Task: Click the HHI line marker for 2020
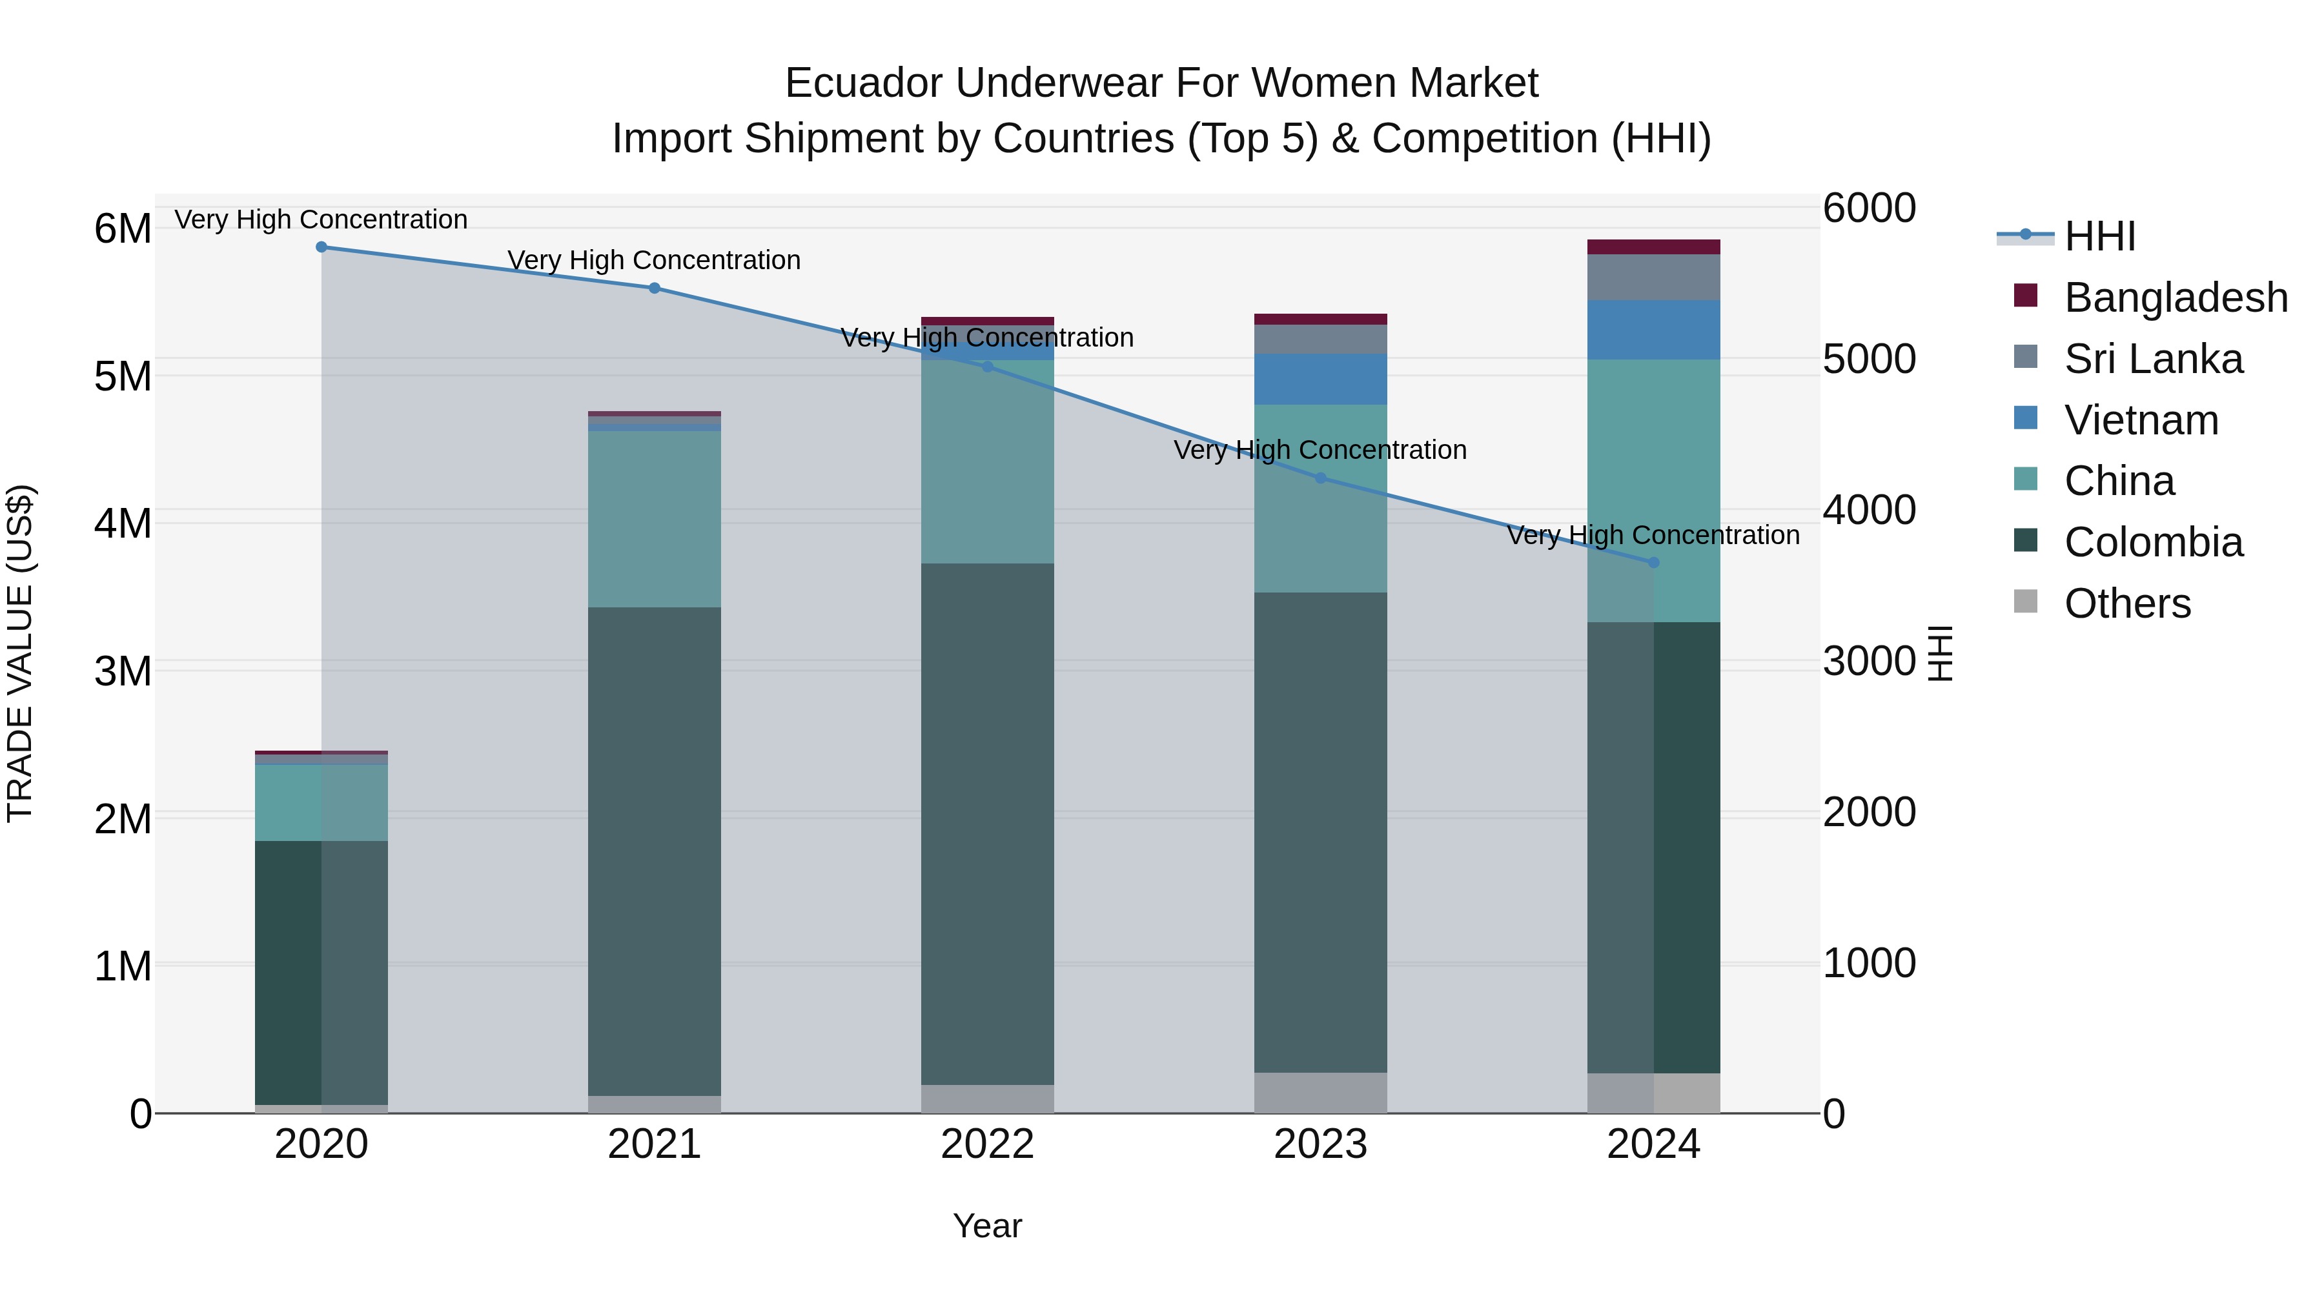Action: pyautogui.click(x=321, y=247)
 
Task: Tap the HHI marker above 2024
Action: pyautogui.click(x=1654, y=563)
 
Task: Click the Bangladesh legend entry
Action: pyautogui.click(x=2175, y=298)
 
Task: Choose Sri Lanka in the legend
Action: pyautogui.click(x=2152, y=359)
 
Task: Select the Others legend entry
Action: pyautogui.click(x=2126, y=603)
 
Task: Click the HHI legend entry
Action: pyautogui.click(x=2099, y=236)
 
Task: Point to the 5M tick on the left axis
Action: pyautogui.click(x=123, y=377)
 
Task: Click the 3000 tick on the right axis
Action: pyautogui.click(x=1868, y=661)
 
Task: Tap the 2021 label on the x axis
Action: pyautogui.click(x=654, y=1144)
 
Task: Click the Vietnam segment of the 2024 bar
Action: pyautogui.click(x=1654, y=330)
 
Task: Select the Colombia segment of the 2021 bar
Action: pyautogui.click(x=654, y=851)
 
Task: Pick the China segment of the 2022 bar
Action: pyautogui.click(x=987, y=462)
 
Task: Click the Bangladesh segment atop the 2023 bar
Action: pyautogui.click(x=1320, y=319)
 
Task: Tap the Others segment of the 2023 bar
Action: pyautogui.click(x=1320, y=1092)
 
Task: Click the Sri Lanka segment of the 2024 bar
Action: pyautogui.click(x=1654, y=277)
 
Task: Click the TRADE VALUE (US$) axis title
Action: pyautogui.click(x=20, y=653)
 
